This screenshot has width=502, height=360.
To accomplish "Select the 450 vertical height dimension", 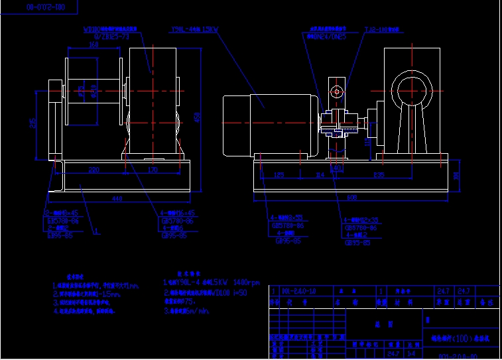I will tap(196, 117).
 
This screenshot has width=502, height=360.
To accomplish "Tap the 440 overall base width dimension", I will tap(117, 199).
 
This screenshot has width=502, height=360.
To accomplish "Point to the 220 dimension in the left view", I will tap(94, 170).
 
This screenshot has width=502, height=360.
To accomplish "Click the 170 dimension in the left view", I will tap(153, 170).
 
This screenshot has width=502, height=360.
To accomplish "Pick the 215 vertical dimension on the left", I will tap(33, 125).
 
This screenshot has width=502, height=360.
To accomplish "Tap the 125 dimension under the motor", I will tap(279, 175).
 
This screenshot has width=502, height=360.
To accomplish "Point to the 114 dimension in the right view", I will tap(320, 175).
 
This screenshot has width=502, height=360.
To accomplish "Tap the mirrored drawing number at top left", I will tap(46, 7).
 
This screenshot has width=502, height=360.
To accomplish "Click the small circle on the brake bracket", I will tap(337, 91).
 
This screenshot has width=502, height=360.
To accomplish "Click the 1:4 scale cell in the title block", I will tap(411, 353).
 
